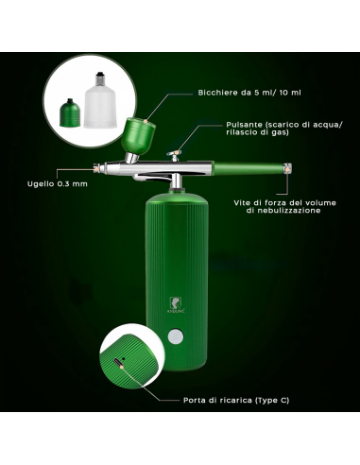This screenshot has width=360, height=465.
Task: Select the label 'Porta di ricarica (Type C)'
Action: click(x=236, y=400)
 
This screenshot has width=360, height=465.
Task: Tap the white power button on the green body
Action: click(x=176, y=336)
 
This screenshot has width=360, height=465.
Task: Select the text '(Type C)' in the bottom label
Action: click(x=271, y=400)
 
